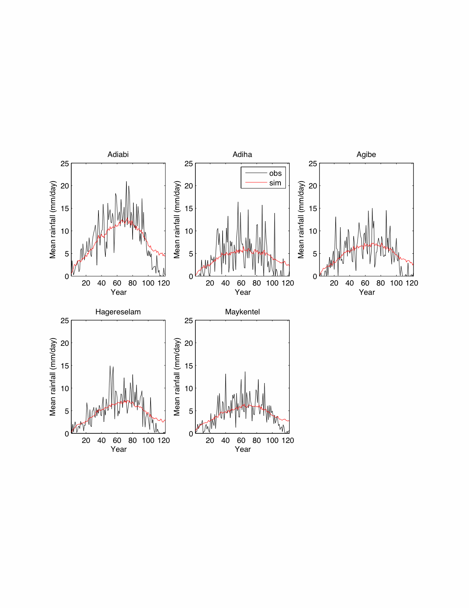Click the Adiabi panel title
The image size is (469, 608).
click(118, 155)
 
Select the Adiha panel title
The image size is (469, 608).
click(242, 155)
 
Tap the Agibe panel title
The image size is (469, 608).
click(366, 155)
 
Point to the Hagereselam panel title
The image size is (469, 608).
click(118, 312)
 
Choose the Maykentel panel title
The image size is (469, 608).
click(242, 312)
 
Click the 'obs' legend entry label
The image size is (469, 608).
click(275, 173)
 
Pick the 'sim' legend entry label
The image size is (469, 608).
click(275, 183)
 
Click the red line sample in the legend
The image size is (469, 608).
click(256, 183)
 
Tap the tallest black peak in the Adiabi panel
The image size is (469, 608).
click(126, 182)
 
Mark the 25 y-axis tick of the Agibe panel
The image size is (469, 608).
click(313, 164)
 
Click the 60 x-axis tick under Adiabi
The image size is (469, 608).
click(117, 283)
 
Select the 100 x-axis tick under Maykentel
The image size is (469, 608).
click(272, 441)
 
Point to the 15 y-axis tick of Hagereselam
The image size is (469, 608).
click(65, 366)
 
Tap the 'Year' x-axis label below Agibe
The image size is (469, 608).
click(367, 292)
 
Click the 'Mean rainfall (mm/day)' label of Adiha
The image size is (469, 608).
click(177, 220)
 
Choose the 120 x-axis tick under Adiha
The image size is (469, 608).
click(288, 283)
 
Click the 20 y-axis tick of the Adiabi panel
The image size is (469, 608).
click(65, 186)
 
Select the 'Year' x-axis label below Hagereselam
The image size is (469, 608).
click(118, 449)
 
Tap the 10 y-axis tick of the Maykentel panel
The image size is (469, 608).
click(189, 388)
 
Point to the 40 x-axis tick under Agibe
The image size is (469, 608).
click(349, 283)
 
